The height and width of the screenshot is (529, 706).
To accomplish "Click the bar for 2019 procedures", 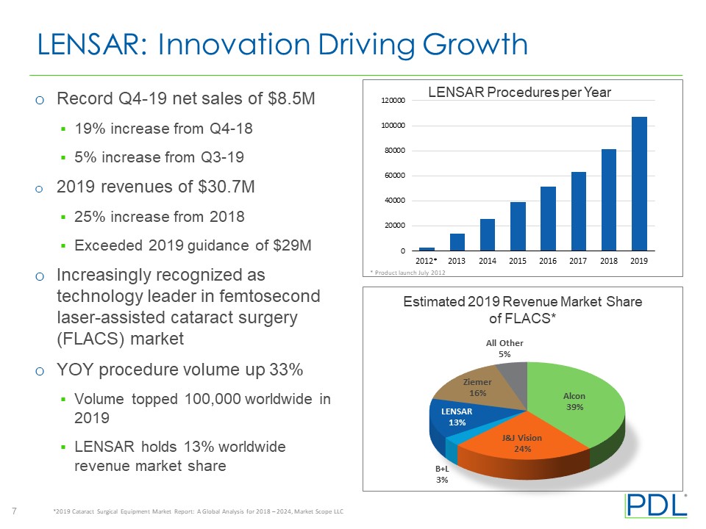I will [x=639, y=184].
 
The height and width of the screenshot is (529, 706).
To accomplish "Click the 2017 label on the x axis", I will [x=578, y=261].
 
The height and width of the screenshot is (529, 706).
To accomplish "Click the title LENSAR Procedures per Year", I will [x=520, y=92].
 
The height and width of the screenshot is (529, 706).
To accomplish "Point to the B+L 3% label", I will [x=441, y=474].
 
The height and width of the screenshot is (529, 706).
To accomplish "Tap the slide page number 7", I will [x=15, y=511].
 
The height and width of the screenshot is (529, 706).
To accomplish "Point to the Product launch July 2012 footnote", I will [x=407, y=273].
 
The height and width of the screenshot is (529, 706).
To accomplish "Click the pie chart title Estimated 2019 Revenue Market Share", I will [x=521, y=302].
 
